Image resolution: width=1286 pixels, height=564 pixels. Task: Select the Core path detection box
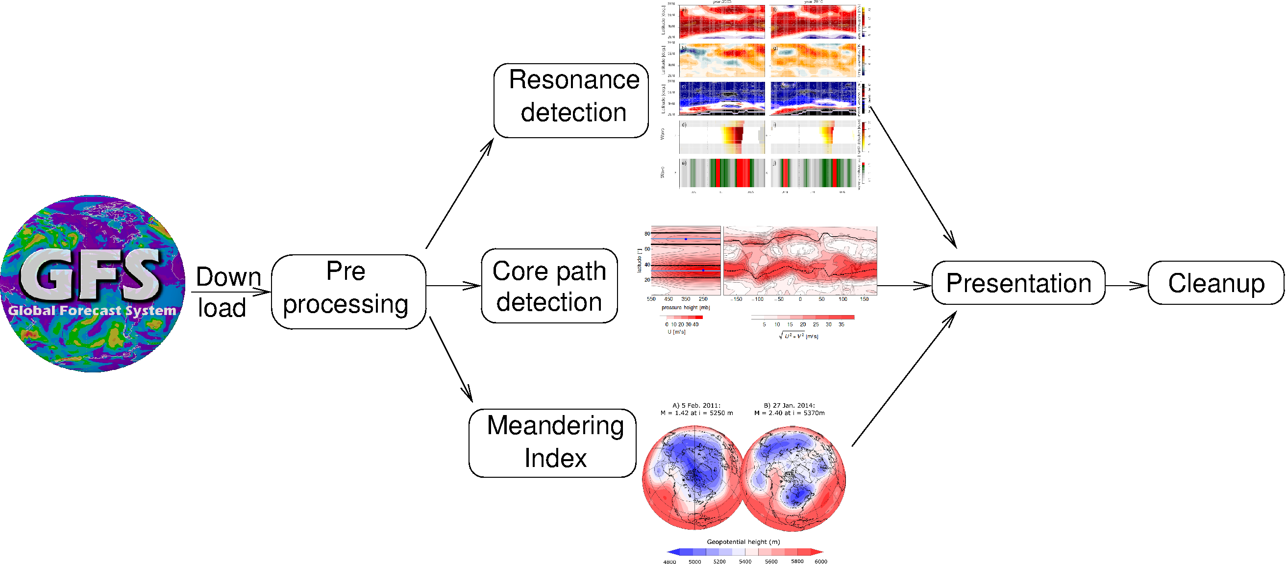pyautogui.click(x=549, y=286)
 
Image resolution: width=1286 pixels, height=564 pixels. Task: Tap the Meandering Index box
pyautogui.click(x=552, y=442)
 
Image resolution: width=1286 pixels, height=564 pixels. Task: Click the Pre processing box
pyautogui.click(x=348, y=292)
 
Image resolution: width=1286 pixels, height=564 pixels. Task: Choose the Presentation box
pyautogui.click(x=1018, y=283)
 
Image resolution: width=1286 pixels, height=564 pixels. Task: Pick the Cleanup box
pyautogui.click(x=1215, y=283)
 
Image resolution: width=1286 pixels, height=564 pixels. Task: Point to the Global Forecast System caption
pyautogui.click(x=92, y=310)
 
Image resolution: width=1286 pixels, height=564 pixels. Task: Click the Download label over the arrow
pyautogui.click(x=228, y=292)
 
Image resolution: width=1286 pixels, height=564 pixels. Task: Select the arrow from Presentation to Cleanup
pyautogui.click(x=1126, y=286)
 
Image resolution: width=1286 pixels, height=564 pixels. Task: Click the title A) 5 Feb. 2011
pyautogui.click(x=696, y=405)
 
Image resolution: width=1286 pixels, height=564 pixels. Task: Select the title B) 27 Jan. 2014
pyautogui.click(x=789, y=405)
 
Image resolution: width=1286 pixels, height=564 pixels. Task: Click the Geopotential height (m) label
pyautogui.click(x=743, y=541)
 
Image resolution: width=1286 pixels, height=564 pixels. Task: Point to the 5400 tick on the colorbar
pyautogui.click(x=745, y=562)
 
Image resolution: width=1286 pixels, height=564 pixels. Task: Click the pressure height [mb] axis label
pyautogui.click(x=686, y=307)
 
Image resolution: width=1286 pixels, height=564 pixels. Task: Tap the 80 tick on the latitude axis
pyautogui.click(x=647, y=234)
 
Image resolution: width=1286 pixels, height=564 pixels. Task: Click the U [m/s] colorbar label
pyautogui.click(x=676, y=332)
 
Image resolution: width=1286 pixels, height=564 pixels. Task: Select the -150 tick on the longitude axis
pyautogui.click(x=736, y=299)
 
